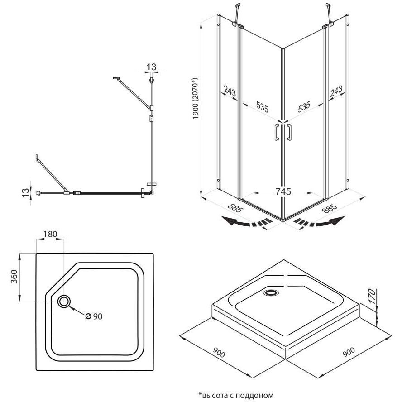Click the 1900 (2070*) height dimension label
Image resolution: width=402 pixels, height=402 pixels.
click(x=196, y=104)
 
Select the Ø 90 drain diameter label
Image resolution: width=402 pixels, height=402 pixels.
click(x=94, y=316)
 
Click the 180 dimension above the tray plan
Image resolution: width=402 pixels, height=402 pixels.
click(x=50, y=234)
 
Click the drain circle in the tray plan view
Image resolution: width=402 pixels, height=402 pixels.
click(x=64, y=301)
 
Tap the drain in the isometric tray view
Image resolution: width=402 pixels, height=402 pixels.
click(x=272, y=293)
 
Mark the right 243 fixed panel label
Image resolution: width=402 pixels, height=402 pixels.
click(x=336, y=92)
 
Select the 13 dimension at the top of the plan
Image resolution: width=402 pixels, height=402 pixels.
click(x=151, y=67)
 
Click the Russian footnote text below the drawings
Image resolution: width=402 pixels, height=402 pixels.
click(x=236, y=395)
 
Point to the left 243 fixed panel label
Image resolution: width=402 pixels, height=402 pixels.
click(x=230, y=92)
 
